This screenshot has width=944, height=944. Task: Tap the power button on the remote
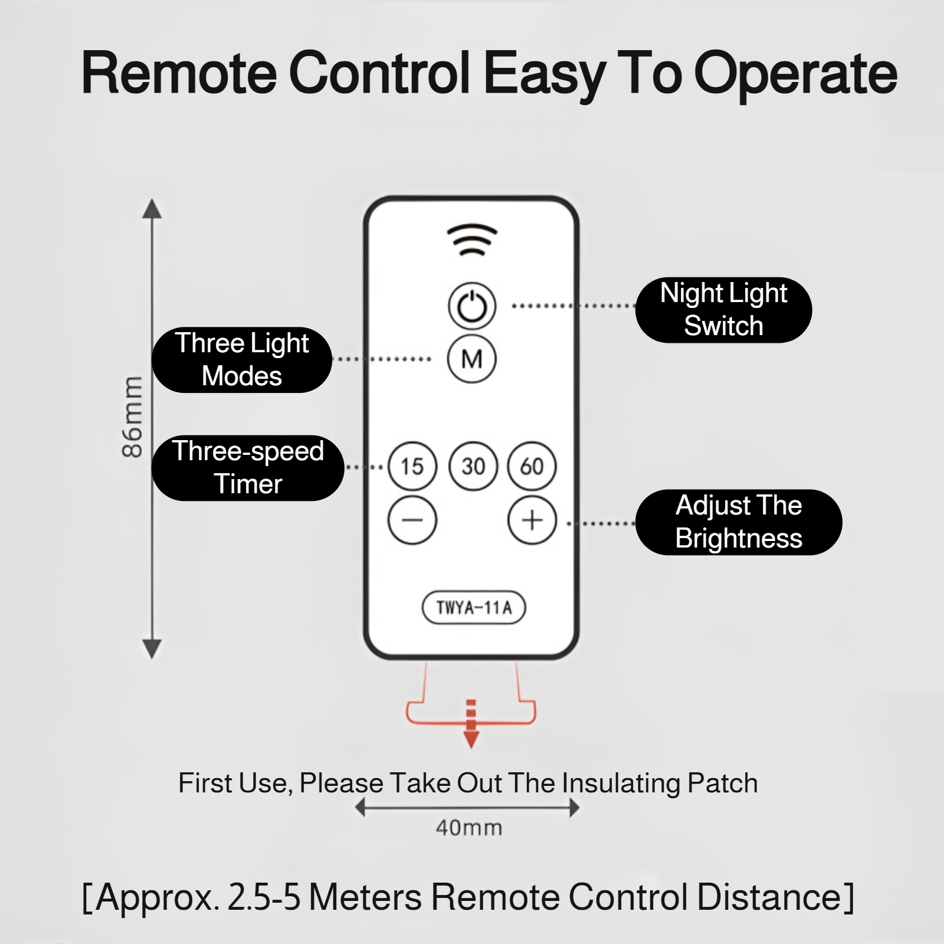click(x=472, y=306)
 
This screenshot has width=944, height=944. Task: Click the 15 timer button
click(x=412, y=466)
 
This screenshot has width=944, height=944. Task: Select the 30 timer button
click(x=473, y=466)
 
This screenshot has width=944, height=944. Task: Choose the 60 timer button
click(x=532, y=466)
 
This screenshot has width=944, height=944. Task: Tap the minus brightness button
click(x=412, y=520)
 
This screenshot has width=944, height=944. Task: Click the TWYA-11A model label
click(x=474, y=608)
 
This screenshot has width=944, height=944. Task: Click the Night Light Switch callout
click(x=723, y=310)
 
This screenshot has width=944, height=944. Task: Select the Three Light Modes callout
click(x=242, y=359)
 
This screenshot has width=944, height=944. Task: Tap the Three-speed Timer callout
click(x=248, y=467)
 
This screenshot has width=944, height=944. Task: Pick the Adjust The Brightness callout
click(x=739, y=522)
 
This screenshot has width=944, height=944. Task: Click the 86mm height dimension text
click(x=133, y=417)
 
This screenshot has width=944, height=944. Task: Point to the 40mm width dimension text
click(x=469, y=828)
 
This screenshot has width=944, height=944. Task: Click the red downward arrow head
click(x=471, y=740)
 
